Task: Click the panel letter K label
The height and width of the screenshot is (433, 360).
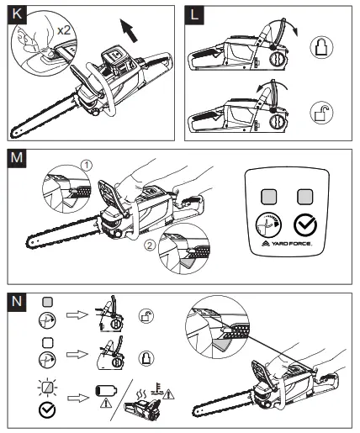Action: click(x=17, y=14)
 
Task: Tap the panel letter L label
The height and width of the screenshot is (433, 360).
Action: click(x=194, y=14)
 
